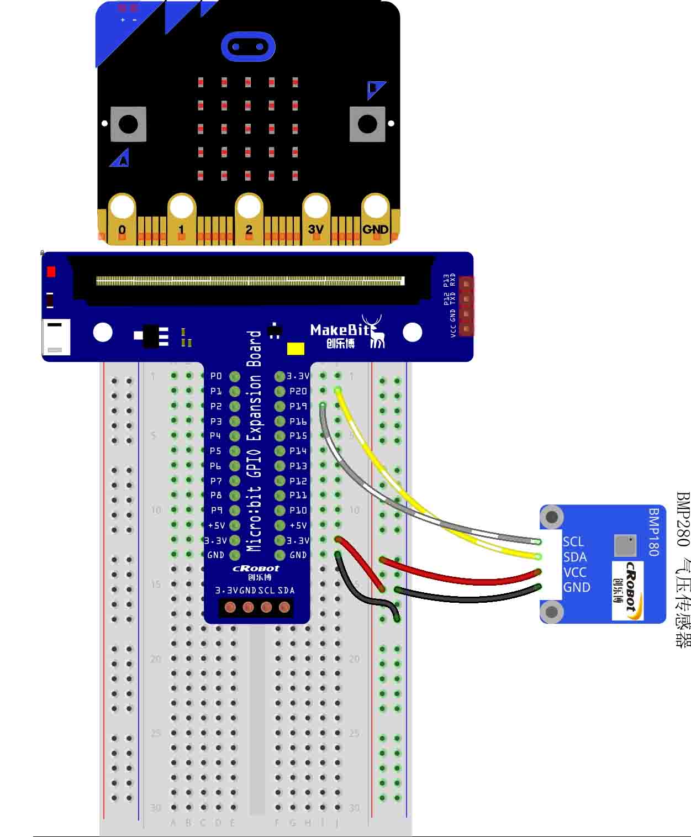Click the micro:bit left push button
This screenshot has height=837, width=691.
[x=128, y=124]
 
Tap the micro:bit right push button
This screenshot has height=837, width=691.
[x=367, y=124]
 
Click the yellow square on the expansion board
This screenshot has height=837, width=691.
[x=296, y=349]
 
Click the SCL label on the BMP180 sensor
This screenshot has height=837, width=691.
[x=573, y=541]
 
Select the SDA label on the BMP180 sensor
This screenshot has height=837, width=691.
[x=574, y=557]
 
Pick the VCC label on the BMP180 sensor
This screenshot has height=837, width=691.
[x=574, y=572]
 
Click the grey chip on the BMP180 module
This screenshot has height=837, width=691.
[x=625, y=545]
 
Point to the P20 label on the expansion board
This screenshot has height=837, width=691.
[x=298, y=391]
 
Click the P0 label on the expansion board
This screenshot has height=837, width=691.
[x=216, y=376]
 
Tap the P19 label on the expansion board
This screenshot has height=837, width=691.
[x=298, y=406]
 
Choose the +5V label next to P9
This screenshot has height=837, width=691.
[x=216, y=525]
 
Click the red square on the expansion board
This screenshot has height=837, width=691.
[x=51, y=272]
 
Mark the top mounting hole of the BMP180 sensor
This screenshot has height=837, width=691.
[x=551, y=518]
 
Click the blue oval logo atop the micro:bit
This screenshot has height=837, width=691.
[x=248, y=46]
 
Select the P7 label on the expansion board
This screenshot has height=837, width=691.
[x=216, y=481]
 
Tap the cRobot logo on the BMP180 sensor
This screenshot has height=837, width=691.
[x=627, y=590]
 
